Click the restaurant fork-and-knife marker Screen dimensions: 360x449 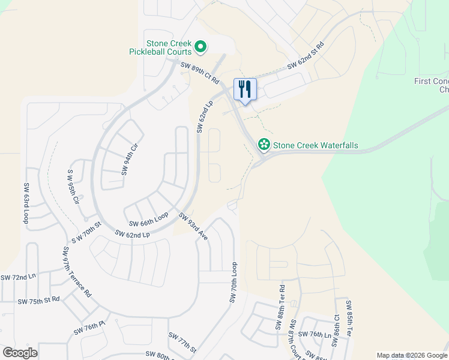(245, 89)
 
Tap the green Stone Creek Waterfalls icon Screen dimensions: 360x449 (263, 145)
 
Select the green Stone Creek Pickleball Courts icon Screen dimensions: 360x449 (202, 46)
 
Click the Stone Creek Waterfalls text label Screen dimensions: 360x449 (315, 145)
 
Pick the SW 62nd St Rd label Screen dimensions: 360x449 (306, 55)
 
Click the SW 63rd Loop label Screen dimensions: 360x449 (26, 204)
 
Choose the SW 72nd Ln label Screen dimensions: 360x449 (18, 277)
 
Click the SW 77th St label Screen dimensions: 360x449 (182, 343)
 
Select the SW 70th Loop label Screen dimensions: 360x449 (234, 282)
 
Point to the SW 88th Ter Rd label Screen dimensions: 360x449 (280, 308)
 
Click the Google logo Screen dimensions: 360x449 (20, 353)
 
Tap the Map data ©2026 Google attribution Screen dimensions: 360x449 (411, 355)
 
